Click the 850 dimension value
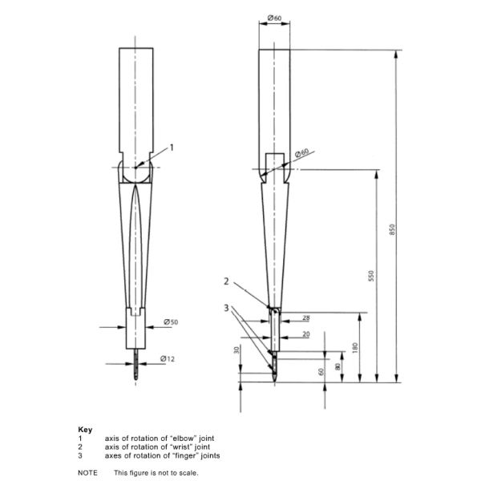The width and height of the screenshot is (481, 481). click(392, 230)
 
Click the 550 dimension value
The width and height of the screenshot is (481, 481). click(371, 276)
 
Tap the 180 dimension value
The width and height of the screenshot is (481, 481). click(355, 348)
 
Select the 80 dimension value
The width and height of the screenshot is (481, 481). click(338, 367)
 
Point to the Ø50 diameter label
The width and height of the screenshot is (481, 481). click(171, 321)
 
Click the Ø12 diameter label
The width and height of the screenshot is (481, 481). click(168, 358)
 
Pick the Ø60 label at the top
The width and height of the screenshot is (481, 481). click(274, 18)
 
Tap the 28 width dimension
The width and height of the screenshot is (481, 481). click(306, 317)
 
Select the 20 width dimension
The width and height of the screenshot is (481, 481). click(306, 334)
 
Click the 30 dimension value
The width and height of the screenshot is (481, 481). click(236, 350)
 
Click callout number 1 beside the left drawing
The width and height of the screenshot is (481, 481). click(172, 148)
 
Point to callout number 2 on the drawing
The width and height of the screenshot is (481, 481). click(226, 281)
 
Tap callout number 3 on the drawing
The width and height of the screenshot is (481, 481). click(226, 308)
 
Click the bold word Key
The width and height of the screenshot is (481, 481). click(85, 430)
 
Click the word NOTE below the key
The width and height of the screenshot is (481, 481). click(87, 473)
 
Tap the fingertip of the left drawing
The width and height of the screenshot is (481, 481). click(136, 380)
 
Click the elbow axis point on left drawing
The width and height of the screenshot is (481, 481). click(135, 168)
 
